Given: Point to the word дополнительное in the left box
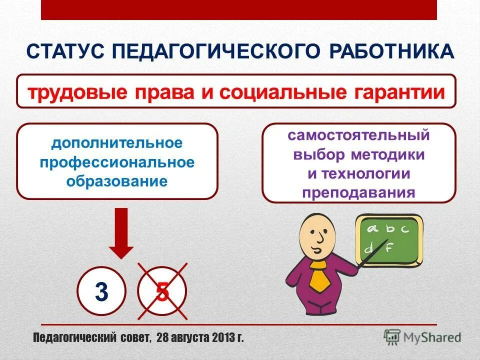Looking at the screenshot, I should pyautogui.click(x=117, y=143).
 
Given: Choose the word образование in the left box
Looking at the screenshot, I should pyautogui.click(x=117, y=180).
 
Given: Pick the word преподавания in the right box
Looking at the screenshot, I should pyautogui.click(x=358, y=192).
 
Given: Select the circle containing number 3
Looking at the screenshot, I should pyautogui.click(x=101, y=292).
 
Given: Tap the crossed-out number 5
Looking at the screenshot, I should pyautogui.click(x=162, y=292).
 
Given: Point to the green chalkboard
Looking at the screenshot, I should pyautogui.click(x=388, y=240).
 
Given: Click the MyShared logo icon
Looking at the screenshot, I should pyautogui.click(x=392, y=337).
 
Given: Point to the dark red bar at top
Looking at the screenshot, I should pyautogui.click(x=239, y=9).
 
